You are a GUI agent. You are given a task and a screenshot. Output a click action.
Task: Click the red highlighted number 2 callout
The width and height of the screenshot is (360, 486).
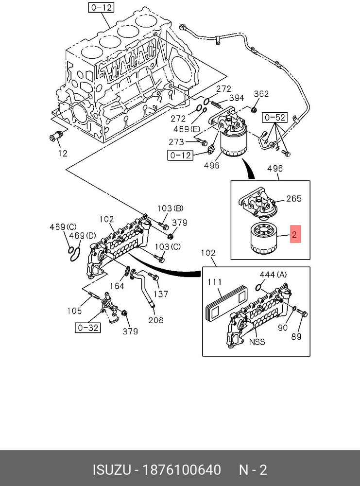click(x=295, y=234)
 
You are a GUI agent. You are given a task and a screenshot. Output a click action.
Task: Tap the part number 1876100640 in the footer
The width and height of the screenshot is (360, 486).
click(x=182, y=470)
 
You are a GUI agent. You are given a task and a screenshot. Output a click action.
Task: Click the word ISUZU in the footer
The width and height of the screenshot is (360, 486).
click(x=112, y=470)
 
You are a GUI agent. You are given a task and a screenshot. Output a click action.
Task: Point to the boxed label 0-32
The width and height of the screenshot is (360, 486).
click(x=88, y=328)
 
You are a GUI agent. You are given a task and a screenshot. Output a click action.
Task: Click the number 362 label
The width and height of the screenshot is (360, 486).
click(x=261, y=94)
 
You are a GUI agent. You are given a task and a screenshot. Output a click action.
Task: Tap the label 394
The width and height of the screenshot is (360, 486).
click(x=237, y=98)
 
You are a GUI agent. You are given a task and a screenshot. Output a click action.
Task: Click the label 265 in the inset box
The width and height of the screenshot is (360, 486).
click(x=294, y=198)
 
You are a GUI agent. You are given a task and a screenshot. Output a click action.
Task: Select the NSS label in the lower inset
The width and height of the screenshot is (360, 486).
click(x=257, y=342)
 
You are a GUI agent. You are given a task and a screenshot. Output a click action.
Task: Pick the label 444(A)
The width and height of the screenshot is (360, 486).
click(x=273, y=275)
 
